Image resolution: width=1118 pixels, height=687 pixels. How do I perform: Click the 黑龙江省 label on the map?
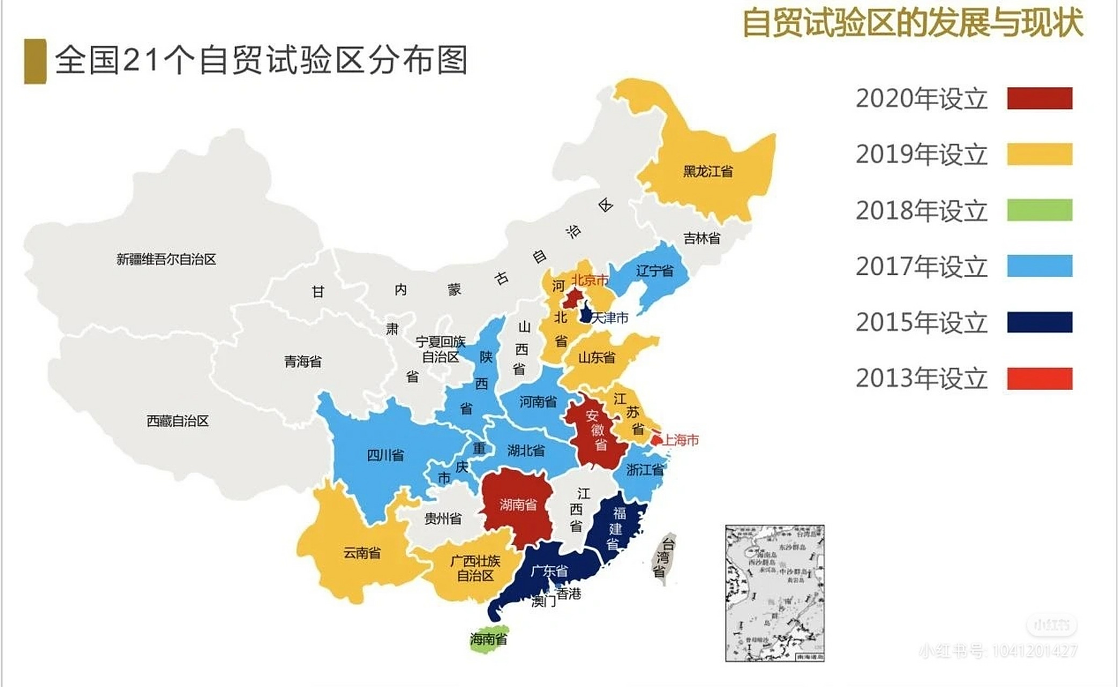708,172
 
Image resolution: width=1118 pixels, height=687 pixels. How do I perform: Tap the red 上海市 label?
680,440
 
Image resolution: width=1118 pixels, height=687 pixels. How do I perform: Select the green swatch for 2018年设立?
1039,210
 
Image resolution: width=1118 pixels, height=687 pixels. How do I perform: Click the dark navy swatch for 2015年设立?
1039,322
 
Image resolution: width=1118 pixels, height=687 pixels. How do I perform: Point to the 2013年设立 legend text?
921,378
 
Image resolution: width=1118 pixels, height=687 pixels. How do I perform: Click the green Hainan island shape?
489,638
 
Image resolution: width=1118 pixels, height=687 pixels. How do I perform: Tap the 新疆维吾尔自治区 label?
166,260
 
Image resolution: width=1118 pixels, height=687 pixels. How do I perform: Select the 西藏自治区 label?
177,421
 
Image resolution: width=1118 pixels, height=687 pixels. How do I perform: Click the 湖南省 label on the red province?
518,505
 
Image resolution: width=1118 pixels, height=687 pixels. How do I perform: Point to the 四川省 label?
385,456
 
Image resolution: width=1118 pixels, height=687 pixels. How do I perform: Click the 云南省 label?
362,553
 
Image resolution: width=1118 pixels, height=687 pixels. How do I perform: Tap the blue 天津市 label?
609,318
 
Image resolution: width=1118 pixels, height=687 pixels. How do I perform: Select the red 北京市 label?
590,280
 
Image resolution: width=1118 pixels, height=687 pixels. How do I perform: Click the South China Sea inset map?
774,593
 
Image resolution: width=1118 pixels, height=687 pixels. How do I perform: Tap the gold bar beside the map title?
35,61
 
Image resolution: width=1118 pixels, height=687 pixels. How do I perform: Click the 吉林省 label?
701,238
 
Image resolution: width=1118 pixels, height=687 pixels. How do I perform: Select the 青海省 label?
303,362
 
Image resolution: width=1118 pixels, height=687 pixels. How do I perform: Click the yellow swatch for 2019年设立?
1039,154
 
